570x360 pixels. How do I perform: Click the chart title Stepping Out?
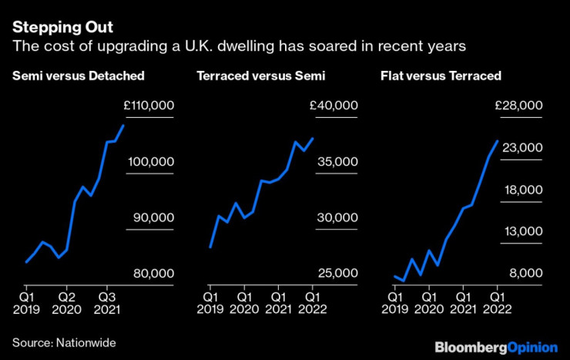(62, 27)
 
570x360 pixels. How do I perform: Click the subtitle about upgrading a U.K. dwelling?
(239, 46)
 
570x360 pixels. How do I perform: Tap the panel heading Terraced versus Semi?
(261, 76)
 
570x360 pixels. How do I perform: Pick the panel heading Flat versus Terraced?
(441, 76)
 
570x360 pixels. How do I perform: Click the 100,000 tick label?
(151, 162)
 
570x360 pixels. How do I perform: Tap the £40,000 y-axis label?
(334, 106)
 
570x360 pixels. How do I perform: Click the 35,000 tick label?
(337, 162)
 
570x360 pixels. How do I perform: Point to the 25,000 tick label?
(337, 274)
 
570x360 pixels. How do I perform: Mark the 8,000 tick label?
(524, 274)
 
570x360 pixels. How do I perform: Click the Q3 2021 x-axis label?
(108, 301)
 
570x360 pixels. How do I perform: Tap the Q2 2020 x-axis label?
(67, 301)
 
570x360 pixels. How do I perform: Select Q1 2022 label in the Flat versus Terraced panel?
(497, 301)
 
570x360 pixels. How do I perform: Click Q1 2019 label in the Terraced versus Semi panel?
(210, 301)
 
